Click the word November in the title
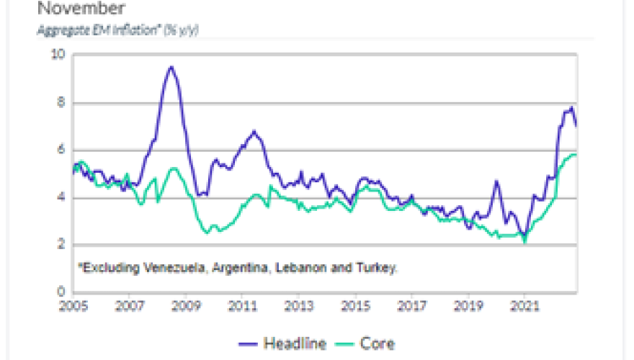[x=80, y=9]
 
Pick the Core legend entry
[x=367, y=343]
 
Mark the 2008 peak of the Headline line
[x=171, y=67]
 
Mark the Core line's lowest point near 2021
[x=524, y=243]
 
